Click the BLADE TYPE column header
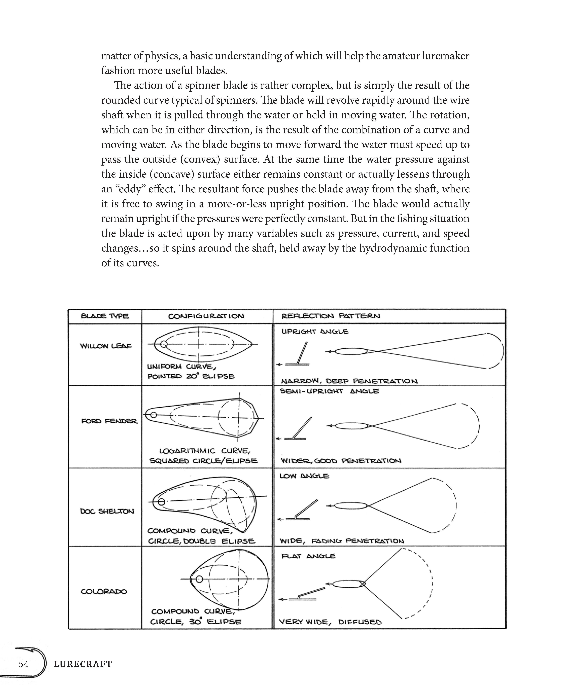click(x=105, y=316)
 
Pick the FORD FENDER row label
click(x=109, y=421)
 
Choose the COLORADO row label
click(x=104, y=591)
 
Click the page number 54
click(x=23, y=664)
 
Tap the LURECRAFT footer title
click(x=83, y=664)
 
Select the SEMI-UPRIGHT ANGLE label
click(x=330, y=391)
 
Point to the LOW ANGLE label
click(x=304, y=476)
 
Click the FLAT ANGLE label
click(x=308, y=556)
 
